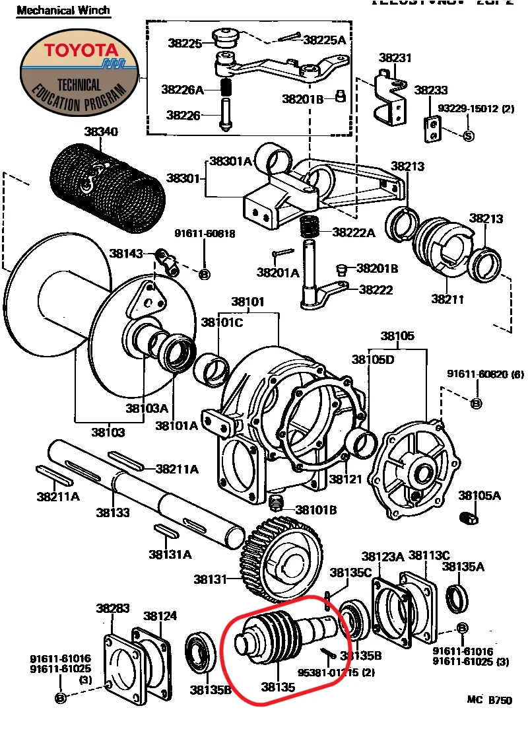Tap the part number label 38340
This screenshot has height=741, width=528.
click(x=101, y=132)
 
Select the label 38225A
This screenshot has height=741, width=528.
click(x=324, y=40)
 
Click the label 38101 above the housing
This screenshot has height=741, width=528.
click(x=247, y=303)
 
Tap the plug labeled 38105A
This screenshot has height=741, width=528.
click(x=469, y=518)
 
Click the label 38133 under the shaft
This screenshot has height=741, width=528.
click(x=112, y=512)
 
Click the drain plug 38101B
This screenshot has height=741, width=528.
click(x=277, y=505)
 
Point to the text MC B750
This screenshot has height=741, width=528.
click(x=489, y=701)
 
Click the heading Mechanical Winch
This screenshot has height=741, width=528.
click(x=63, y=11)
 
